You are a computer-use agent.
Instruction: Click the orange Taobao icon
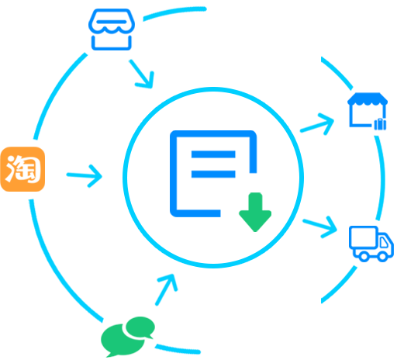[x=22, y=169]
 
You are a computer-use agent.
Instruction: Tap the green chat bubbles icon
[x=128, y=337]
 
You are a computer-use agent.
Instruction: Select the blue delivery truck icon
[x=371, y=244]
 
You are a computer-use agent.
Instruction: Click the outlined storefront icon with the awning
[x=112, y=29]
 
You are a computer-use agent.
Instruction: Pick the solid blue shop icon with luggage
[x=368, y=111]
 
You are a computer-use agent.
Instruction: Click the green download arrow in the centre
[x=255, y=212]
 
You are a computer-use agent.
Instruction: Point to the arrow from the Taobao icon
[x=85, y=176]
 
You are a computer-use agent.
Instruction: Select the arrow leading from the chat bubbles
[x=167, y=289]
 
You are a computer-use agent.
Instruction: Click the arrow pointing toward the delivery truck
[x=320, y=227]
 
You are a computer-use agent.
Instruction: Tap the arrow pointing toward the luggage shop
[x=317, y=124]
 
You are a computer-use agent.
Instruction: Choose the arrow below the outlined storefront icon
[x=141, y=74]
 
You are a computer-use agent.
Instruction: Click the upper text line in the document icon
[x=213, y=154]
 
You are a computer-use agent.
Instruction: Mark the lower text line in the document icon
[x=213, y=174]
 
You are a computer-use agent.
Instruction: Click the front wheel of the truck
[x=382, y=256]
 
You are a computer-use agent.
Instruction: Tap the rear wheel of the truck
[x=364, y=256]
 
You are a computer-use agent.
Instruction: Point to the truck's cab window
[x=384, y=243]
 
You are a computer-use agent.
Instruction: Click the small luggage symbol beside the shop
[x=380, y=124]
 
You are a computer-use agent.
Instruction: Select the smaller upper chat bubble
[x=140, y=327]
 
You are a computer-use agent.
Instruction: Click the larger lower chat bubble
[x=122, y=341]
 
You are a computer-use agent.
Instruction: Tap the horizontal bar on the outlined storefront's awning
[x=112, y=22]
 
